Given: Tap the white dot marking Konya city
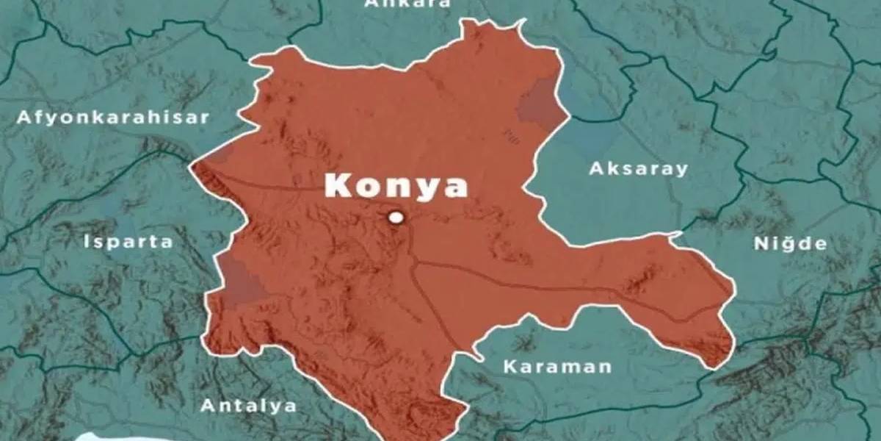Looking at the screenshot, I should pyautogui.click(x=396, y=217).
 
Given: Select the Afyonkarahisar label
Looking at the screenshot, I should pyautogui.click(x=114, y=118).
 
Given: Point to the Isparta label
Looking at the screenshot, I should pyautogui.click(x=128, y=242).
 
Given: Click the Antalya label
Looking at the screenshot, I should pyautogui.click(x=249, y=405).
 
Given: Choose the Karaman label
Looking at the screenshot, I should pyautogui.click(x=557, y=366).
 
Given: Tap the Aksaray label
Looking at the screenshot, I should pyautogui.click(x=639, y=169).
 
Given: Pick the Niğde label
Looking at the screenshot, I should pyautogui.click(x=791, y=244).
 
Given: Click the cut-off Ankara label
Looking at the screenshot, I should pyautogui.click(x=407, y=4).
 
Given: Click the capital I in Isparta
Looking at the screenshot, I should pyautogui.click(x=87, y=242).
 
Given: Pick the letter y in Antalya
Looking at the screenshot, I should pyautogui.click(x=275, y=407).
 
